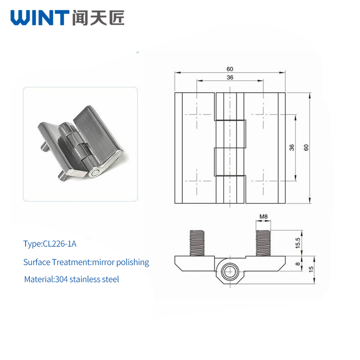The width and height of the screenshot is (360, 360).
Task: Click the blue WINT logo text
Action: click(40, 18)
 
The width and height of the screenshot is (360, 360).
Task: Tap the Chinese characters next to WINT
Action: click(98, 18)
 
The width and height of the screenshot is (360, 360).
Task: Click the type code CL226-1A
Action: click(60, 243)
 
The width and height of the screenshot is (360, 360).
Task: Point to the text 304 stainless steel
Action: click(87, 279)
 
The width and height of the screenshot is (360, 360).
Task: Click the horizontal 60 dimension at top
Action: click(230, 69)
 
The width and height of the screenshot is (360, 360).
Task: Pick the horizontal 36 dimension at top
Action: click(230, 77)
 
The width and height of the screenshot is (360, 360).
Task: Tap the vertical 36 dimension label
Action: click(292, 148)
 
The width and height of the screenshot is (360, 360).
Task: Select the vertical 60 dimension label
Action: click(306, 148)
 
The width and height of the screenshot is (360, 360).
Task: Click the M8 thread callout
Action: click(263, 216)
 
